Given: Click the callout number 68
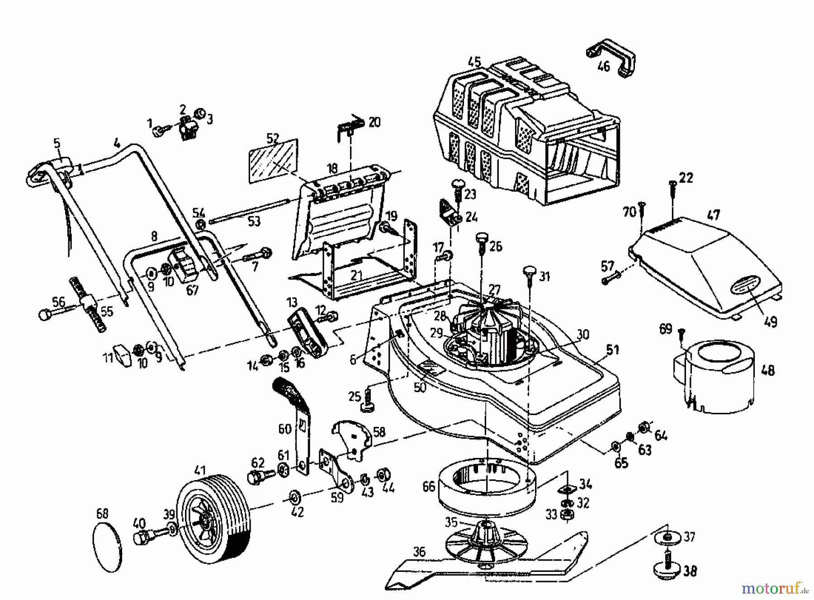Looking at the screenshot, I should tap(103, 514).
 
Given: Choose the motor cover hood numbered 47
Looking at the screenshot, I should tap(705, 267).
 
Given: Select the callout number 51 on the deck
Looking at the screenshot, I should tap(612, 349).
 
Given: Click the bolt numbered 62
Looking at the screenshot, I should tap(258, 476).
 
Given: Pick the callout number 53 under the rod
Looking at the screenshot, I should tap(254, 222).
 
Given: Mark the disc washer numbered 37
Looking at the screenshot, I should tap(667, 539).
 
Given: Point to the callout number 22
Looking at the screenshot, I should tap(686, 178).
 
